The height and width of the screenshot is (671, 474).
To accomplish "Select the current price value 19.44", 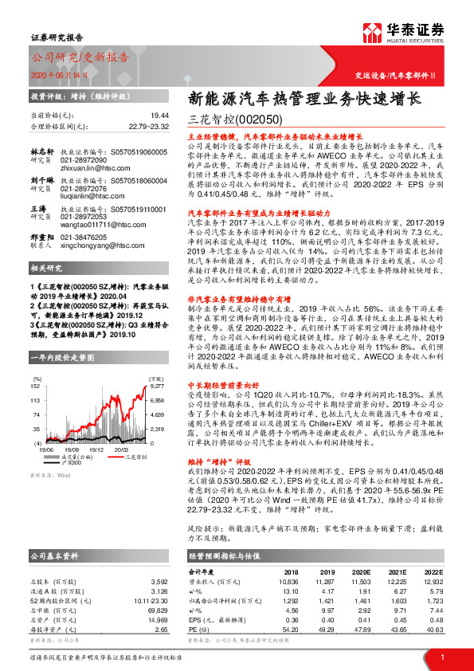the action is point(160,115).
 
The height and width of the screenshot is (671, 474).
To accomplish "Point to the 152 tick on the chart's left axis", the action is point(36,385).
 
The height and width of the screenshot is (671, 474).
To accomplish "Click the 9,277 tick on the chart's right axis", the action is point(157,385).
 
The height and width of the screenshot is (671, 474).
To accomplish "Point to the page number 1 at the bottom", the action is point(441,657).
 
